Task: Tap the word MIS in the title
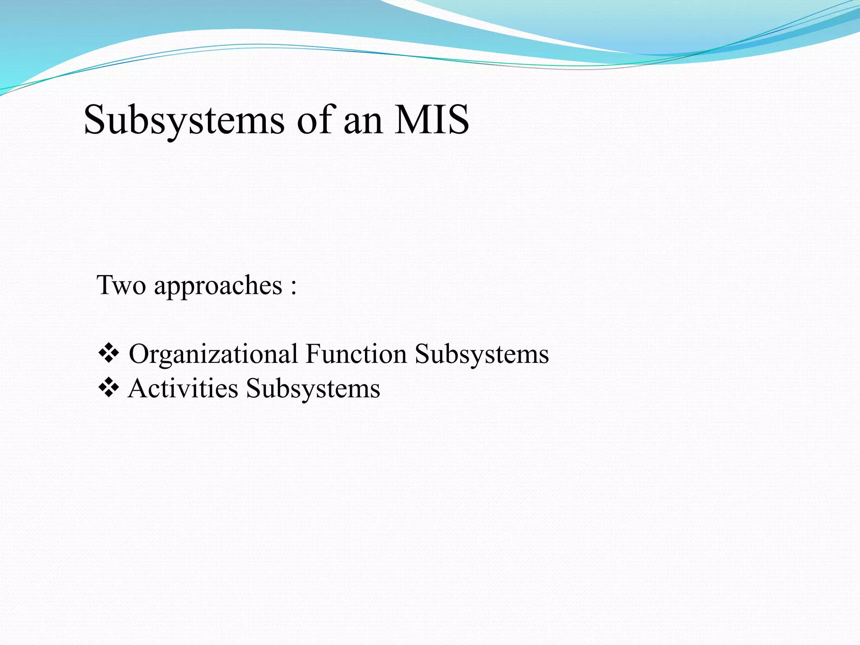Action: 431,120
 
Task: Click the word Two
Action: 121,286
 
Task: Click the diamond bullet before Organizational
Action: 108,354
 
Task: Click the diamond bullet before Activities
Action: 108,388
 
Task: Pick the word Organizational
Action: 213,354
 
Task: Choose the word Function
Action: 356,354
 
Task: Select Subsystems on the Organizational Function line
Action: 482,354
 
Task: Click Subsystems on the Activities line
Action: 313,389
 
